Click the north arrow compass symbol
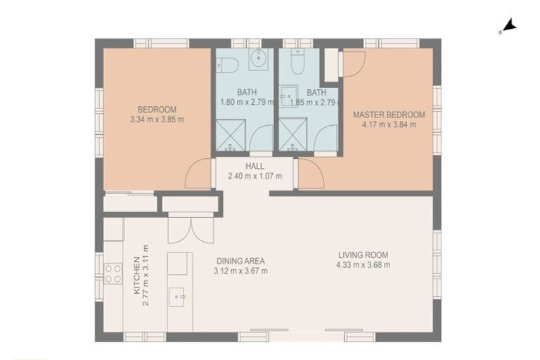pyautogui.click(x=509, y=27)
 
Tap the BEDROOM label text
pyautogui.click(x=157, y=110)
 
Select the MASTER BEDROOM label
pyautogui.click(x=389, y=115)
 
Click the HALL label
pyautogui.click(x=255, y=167)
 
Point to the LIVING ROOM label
pyautogui.click(x=363, y=255)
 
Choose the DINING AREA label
pyautogui.click(x=240, y=261)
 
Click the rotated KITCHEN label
pyautogui.click(x=136, y=275)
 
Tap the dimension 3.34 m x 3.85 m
pyautogui.click(x=157, y=120)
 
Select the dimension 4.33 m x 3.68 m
pyautogui.click(x=364, y=265)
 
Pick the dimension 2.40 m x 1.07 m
pyautogui.click(x=255, y=176)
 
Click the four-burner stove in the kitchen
pyautogui.click(x=113, y=274)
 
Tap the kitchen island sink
pyautogui.click(x=177, y=297)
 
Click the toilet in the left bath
pyautogui.click(x=227, y=65)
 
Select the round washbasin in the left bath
pyautogui.click(x=259, y=58)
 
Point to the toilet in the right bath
pyautogui.click(x=297, y=62)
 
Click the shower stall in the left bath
pyautogui.click(x=231, y=135)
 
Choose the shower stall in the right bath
pyautogui.click(x=292, y=134)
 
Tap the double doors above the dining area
pyautogui.click(x=191, y=230)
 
